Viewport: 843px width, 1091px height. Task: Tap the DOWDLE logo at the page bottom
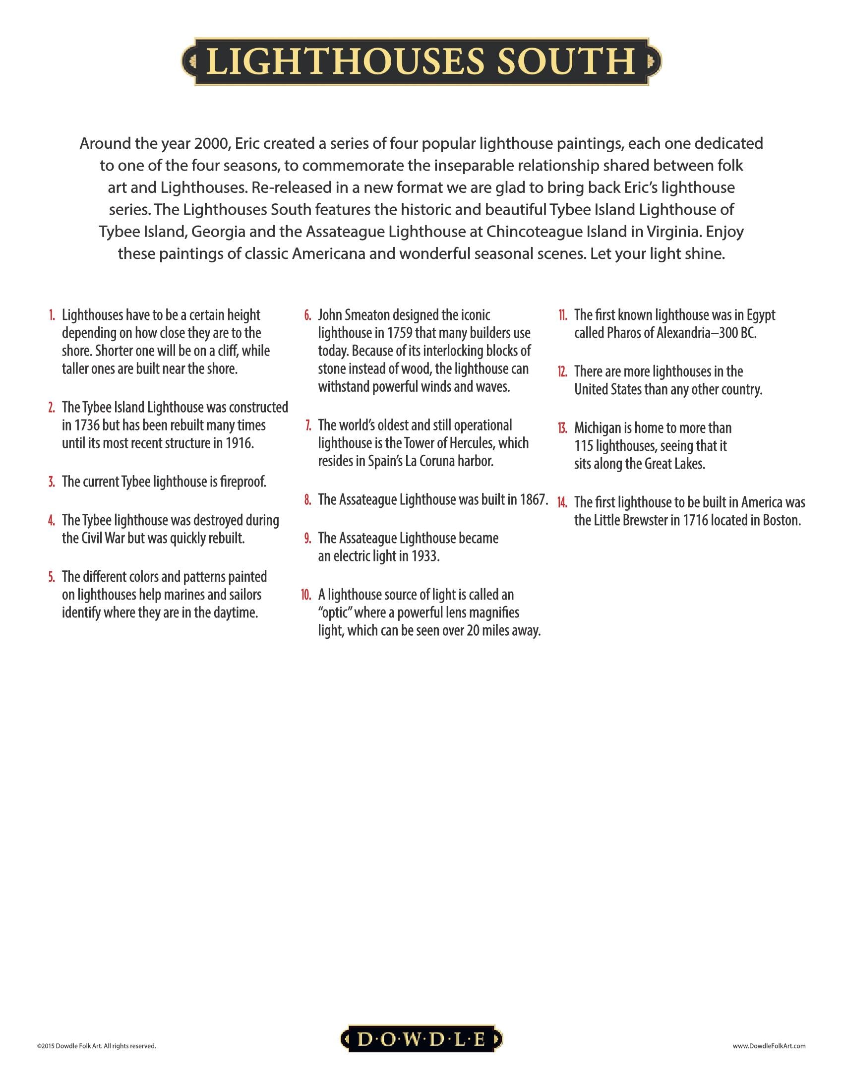[x=421, y=1039]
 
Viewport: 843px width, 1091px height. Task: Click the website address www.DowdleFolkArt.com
[x=769, y=1045]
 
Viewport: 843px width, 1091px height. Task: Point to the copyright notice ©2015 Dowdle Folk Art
[x=96, y=1045]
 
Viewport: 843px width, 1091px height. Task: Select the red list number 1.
[x=52, y=316]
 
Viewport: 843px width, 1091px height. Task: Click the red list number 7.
[x=308, y=425]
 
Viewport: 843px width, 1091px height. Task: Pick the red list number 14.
[x=562, y=502]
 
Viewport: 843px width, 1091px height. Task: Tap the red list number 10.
[x=306, y=595]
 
